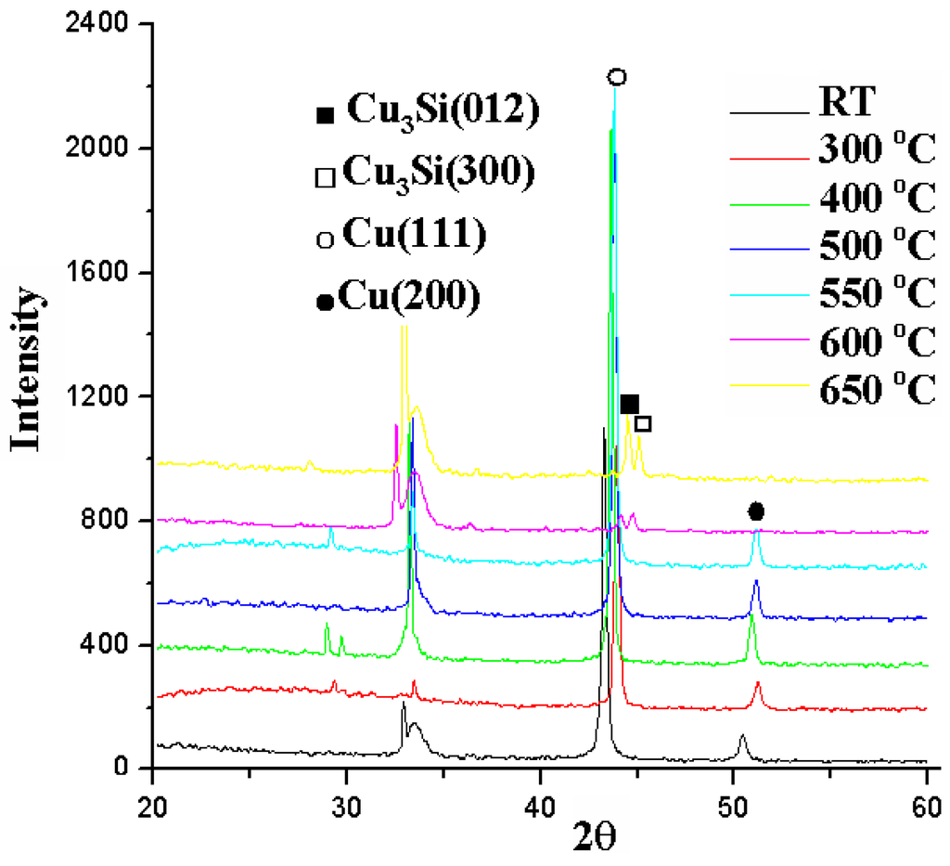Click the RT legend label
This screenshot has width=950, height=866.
pos(846,102)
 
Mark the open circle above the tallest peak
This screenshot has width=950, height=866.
pos(617,77)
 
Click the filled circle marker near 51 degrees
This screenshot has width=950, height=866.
pos(756,511)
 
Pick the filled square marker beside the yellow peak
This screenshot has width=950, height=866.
pos(630,404)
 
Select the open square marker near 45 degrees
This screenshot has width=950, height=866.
pos(643,424)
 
